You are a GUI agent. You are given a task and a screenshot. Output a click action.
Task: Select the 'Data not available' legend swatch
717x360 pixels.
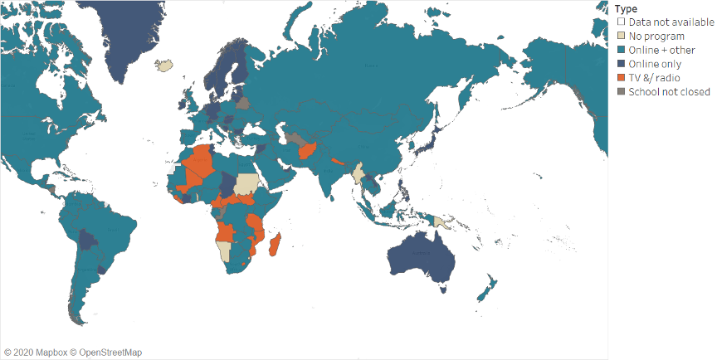(620, 22)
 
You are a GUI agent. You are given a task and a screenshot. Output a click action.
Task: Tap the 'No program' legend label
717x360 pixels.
(656, 36)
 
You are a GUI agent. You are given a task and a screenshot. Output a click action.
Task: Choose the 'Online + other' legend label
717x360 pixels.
(662, 51)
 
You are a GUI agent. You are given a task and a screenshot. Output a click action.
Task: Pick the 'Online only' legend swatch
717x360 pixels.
(620, 64)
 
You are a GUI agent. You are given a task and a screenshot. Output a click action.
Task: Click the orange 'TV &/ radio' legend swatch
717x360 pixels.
(620, 78)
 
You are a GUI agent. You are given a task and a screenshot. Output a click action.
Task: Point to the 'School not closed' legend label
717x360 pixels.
(668, 92)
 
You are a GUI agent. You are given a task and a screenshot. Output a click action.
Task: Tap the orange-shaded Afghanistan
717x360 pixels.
(308, 152)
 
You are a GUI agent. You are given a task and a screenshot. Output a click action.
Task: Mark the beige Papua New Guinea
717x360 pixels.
(443, 222)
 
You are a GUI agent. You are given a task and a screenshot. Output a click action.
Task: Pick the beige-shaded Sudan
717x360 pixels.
(247, 184)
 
